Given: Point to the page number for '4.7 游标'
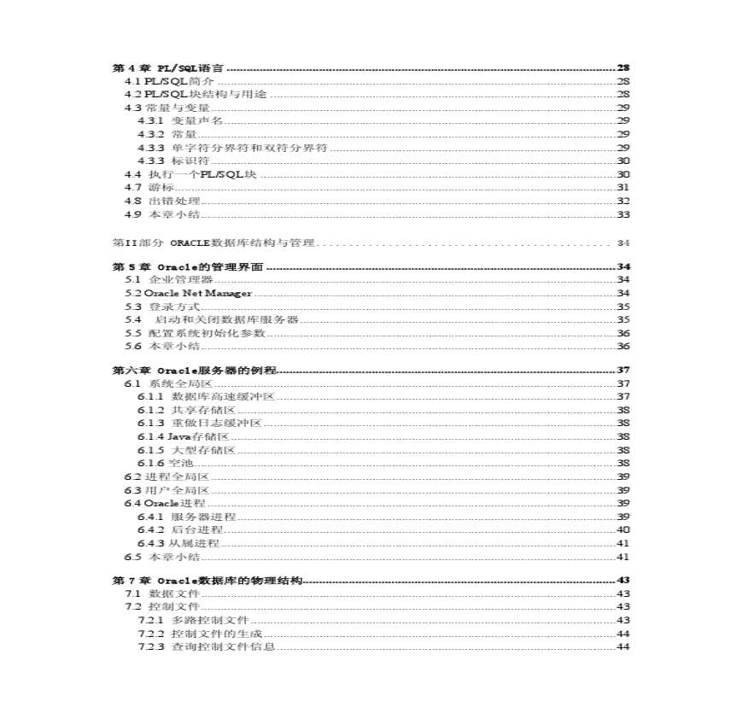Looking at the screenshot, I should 623,187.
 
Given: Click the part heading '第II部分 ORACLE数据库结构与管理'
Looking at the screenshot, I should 214,243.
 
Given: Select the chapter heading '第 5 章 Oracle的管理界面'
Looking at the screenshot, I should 188,266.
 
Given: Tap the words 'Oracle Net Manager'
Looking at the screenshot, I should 198,293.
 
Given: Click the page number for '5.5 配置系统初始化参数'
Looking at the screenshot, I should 623,333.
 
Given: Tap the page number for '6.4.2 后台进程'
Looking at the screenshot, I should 623,529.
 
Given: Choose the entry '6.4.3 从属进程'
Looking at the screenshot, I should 178,543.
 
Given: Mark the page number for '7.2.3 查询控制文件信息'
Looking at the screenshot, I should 623,646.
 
